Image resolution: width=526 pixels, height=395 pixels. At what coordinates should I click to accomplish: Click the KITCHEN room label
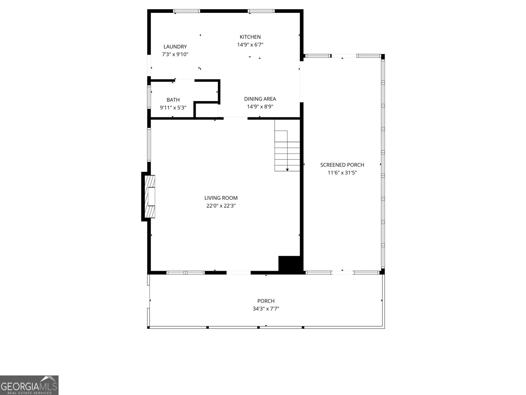click(250, 37)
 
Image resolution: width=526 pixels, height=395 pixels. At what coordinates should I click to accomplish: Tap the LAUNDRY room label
click(175, 46)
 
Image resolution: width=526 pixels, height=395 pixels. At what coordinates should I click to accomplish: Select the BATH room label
click(173, 100)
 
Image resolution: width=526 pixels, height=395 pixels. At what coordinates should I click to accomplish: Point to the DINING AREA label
click(260, 99)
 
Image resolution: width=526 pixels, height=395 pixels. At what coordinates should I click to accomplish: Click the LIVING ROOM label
click(221, 198)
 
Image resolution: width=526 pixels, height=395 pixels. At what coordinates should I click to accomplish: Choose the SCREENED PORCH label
click(342, 165)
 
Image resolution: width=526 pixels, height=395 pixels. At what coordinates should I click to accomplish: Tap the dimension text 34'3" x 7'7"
click(266, 309)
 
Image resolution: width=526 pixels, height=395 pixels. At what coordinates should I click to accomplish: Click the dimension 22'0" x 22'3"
click(221, 206)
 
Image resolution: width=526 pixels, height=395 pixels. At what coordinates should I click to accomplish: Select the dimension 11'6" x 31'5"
click(342, 173)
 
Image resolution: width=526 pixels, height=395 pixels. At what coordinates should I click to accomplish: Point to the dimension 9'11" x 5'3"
click(173, 108)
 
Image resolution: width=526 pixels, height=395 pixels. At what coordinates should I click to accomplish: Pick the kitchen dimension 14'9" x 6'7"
click(250, 45)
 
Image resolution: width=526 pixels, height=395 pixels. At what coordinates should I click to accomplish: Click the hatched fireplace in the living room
click(150, 197)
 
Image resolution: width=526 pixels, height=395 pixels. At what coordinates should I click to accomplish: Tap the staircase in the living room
click(287, 145)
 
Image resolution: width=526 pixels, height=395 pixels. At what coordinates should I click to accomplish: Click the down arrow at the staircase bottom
click(287, 170)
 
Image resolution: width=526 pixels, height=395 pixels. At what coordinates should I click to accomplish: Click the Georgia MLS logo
click(29, 385)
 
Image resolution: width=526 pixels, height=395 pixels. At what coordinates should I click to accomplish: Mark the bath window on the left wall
click(149, 97)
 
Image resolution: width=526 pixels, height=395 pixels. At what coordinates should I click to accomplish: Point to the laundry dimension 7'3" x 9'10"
click(175, 54)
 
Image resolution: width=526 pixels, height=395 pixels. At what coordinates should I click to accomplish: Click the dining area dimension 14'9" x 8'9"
click(260, 107)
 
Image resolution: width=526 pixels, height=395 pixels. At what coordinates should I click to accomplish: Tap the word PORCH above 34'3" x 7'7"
click(266, 301)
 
